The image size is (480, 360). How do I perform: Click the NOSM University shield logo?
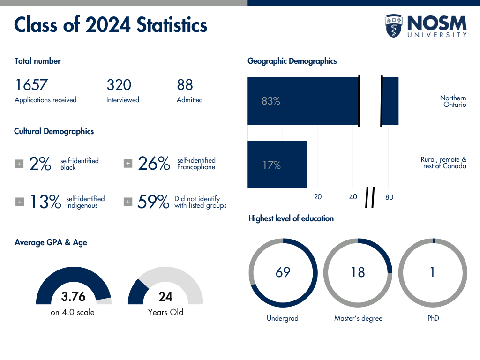tap(394, 26)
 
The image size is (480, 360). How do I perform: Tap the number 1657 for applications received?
tap(31, 85)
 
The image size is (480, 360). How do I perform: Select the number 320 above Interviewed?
tap(119, 85)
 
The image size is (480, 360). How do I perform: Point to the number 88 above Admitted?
tap(185, 85)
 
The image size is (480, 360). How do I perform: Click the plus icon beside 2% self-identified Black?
tap(19, 164)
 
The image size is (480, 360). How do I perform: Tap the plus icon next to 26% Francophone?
tap(127, 164)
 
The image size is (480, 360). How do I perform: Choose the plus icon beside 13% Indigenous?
tap(20, 202)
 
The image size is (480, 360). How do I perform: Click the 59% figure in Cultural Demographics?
tap(153, 202)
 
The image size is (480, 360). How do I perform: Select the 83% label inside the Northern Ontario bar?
tap(270, 101)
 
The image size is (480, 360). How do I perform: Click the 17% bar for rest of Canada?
tap(277, 165)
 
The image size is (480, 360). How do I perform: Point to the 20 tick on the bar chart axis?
tap(318, 197)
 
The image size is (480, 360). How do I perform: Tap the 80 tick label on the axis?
tap(389, 197)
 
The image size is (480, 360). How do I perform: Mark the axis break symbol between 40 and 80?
tap(370, 197)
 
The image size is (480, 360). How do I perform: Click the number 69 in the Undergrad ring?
tap(283, 272)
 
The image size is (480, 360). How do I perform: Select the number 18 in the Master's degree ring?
tap(358, 272)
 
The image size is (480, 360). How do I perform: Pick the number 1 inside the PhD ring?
tap(433, 272)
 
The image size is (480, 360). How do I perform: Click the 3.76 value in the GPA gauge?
tap(74, 297)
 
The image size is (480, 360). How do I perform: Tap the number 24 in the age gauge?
tap(165, 297)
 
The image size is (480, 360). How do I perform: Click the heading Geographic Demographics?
tap(292, 61)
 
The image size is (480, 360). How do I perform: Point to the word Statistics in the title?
tap(172, 24)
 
